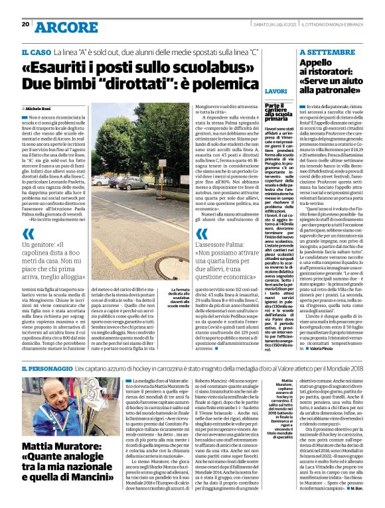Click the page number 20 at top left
(25, 25)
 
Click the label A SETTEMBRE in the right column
(321, 52)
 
